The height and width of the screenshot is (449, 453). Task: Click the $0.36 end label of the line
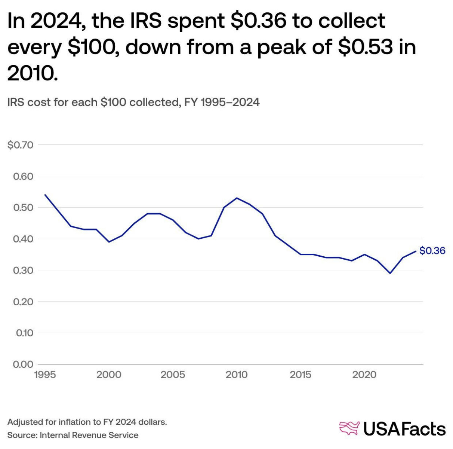(432, 251)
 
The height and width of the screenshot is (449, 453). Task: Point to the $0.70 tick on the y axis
(21, 145)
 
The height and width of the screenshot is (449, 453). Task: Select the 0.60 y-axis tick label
(23, 176)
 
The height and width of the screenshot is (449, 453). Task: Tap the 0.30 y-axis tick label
(23, 270)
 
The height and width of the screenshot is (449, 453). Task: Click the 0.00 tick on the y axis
(23, 364)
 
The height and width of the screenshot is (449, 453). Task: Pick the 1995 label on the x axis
(45, 375)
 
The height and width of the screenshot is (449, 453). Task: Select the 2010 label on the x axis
(237, 375)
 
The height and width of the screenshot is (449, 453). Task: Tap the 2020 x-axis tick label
(364, 375)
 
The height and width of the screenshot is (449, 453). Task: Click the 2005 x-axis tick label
(173, 375)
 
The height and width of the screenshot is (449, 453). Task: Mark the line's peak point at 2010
(237, 198)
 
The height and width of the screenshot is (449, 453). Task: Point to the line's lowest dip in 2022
(390, 273)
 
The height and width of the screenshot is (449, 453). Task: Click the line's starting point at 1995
(45, 195)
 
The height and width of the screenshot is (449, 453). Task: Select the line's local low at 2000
(109, 242)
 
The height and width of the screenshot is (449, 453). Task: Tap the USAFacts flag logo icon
(349, 428)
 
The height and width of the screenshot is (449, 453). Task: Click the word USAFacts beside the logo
(404, 429)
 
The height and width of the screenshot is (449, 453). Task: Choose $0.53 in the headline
(366, 46)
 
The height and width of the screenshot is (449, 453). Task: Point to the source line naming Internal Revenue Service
(73, 435)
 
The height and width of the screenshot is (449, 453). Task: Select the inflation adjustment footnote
(87, 422)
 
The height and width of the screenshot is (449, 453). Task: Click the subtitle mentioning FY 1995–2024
(133, 102)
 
